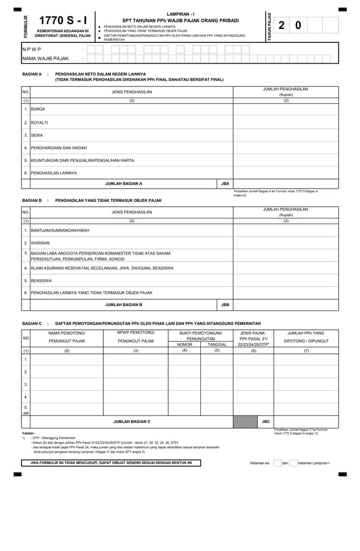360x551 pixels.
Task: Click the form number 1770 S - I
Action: tap(63, 21)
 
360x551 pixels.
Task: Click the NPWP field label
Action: tap(32, 50)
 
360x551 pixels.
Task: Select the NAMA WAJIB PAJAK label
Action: tap(46, 58)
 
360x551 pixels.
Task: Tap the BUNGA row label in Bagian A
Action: tap(38, 109)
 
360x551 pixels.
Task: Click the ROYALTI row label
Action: tap(39, 122)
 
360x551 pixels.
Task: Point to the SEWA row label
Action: tap(37, 135)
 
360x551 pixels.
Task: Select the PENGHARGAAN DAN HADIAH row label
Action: tap(59, 148)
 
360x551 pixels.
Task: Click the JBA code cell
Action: tap(225, 183)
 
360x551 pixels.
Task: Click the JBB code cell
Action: tap(225, 305)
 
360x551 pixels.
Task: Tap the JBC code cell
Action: tap(266, 422)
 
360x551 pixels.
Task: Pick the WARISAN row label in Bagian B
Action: tap(40, 243)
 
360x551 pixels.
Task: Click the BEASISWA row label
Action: tap(41, 280)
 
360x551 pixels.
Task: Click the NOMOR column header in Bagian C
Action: tap(185, 344)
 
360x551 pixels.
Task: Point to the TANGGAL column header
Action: tap(217, 344)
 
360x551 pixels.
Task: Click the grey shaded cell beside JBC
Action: tap(245, 422)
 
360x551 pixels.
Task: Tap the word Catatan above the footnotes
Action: tap(29, 433)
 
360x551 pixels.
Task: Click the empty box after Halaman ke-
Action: tap(277, 463)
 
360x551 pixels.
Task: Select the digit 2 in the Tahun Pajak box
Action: tap(282, 25)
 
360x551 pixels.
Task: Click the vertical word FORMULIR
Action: tap(25, 27)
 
